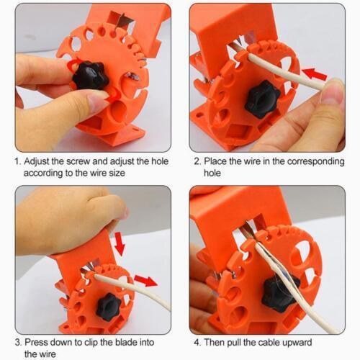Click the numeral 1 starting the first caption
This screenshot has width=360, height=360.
pos(18,162)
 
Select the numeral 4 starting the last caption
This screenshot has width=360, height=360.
pos(197,342)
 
